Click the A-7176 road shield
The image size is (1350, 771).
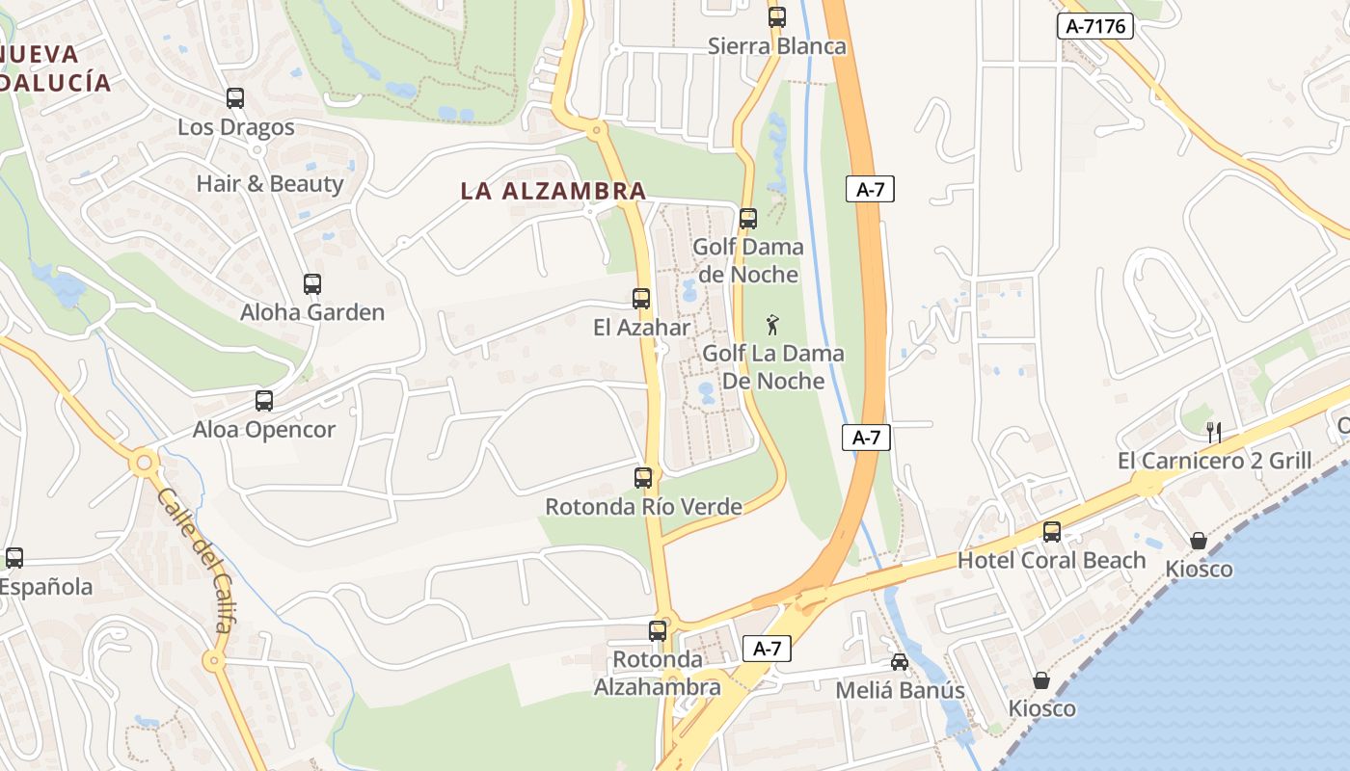pyautogui.click(x=1094, y=26)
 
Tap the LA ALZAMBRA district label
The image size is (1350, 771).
pyautogui.click(x=553, y=191)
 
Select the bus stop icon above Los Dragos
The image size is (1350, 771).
pyautogui.click(x=235, y=98)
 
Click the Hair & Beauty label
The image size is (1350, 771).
pyautogui.click(x=270, y=184)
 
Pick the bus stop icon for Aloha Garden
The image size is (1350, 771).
pyautogui.click(x=311, y=284)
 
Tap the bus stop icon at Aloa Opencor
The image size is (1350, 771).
pyautogui.click(x=263, y=401)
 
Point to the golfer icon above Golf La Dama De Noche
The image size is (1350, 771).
pyautogui.click(x=771, y=324)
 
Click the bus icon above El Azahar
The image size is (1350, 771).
pyautogui.click(x=641, y=299)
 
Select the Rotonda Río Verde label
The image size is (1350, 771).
pyautogui.click(x=643, y=507)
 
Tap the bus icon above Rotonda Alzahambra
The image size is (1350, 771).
pyautogui.click(x=658, y=631)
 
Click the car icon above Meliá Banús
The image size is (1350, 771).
pyautogui.click(x=899, y=662)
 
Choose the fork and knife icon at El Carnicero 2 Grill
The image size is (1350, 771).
pyautogui.click(x=1214, y=433)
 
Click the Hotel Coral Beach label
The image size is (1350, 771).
pyautogui.click(x=1051, y=561)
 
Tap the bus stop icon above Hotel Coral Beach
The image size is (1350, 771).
pyautogui.click(x=1051, y=532)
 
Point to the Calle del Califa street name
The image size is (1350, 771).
pyautogui.click(x=195, y=560)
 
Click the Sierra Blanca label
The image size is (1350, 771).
pyautogui.click(x=776, y=46)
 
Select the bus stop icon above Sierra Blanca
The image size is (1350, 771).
pyautogui.click(x=776, y=17)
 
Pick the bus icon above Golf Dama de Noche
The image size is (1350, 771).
pyautogui.click(x=748, y=219)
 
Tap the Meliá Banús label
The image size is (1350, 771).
pyautogui.click(x=899, y=691)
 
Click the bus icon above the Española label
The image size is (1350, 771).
pyautogui.click(x=14, y=558)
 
